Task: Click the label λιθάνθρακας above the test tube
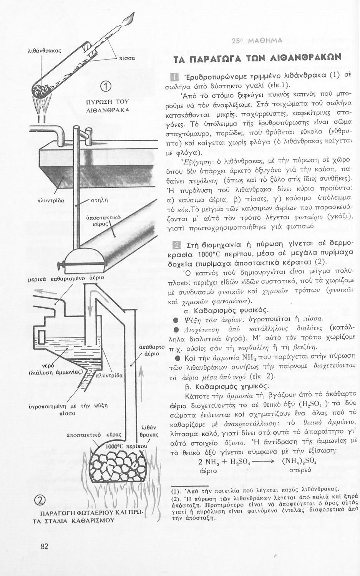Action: pyautogui.click(x=45, y=50)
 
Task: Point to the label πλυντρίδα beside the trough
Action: pyautogui.click(x=50, y=200)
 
